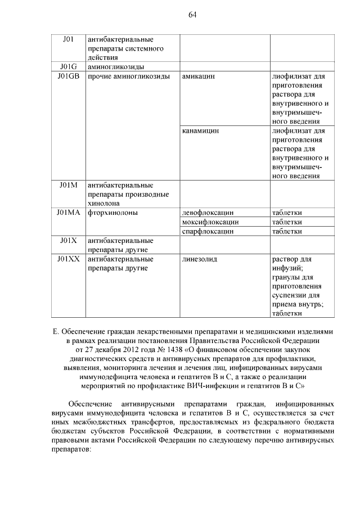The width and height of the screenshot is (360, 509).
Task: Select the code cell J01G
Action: (x=67, y=66)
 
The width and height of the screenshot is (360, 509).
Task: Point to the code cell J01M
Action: (x=68, y=185)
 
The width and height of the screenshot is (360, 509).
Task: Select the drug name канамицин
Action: (x=201, y=130)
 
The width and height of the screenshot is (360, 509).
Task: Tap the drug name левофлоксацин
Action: (x=208, y=213)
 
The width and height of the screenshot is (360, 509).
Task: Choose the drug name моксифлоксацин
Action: (x=210, y=222)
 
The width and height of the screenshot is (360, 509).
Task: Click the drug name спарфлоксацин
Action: (x=208, y=231)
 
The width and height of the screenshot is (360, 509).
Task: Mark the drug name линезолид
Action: (x=200, y=259)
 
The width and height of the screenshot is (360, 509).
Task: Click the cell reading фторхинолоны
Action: (x=113, y=213)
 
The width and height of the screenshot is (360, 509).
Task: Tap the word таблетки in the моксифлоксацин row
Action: (x=287, y=222)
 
